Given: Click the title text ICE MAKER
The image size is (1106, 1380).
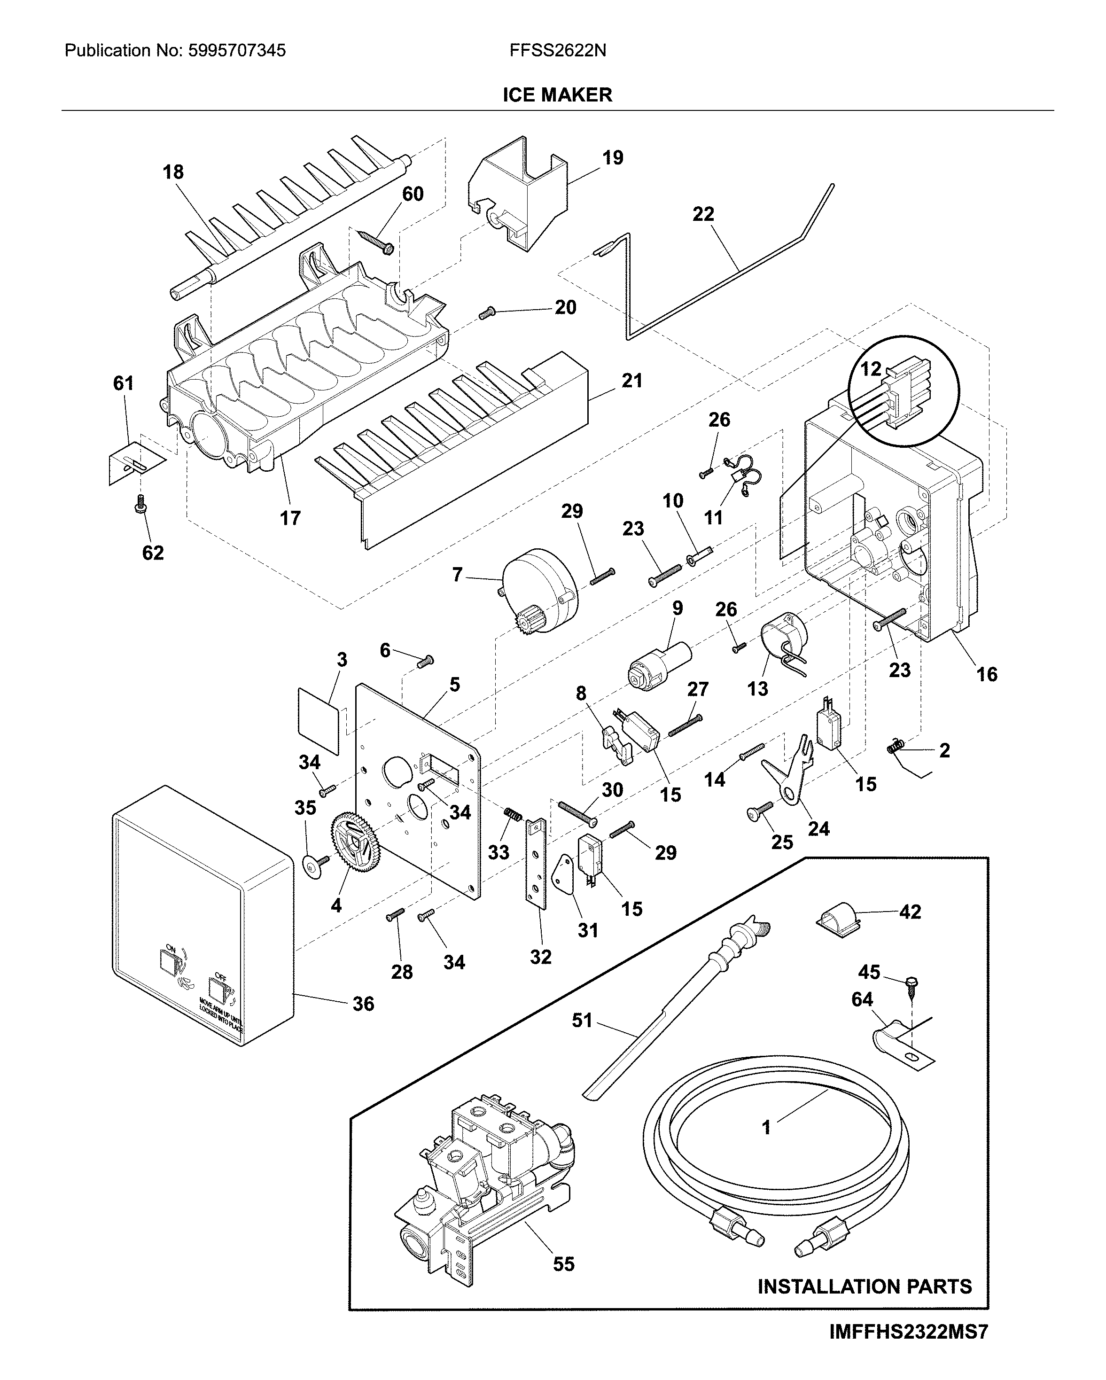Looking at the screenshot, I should click(x=557, y=95).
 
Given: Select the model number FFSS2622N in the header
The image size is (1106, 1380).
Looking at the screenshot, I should click(x=558, y=51).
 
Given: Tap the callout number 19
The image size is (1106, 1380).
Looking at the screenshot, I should click(x=613, y=157).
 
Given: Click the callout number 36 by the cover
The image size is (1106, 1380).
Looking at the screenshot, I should click(x=363, y=1004).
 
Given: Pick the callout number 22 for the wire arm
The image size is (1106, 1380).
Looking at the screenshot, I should click(x=703, y=214).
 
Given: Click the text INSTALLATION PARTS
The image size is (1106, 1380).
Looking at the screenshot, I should click(x=864, y=1286).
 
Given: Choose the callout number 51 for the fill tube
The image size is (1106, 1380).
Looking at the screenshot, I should click(x=582, y=1020).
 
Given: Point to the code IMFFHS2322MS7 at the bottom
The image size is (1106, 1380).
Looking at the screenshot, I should click(x=908, y=1333).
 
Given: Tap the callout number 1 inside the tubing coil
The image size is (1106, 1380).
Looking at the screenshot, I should click(x=766, y=1127).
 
